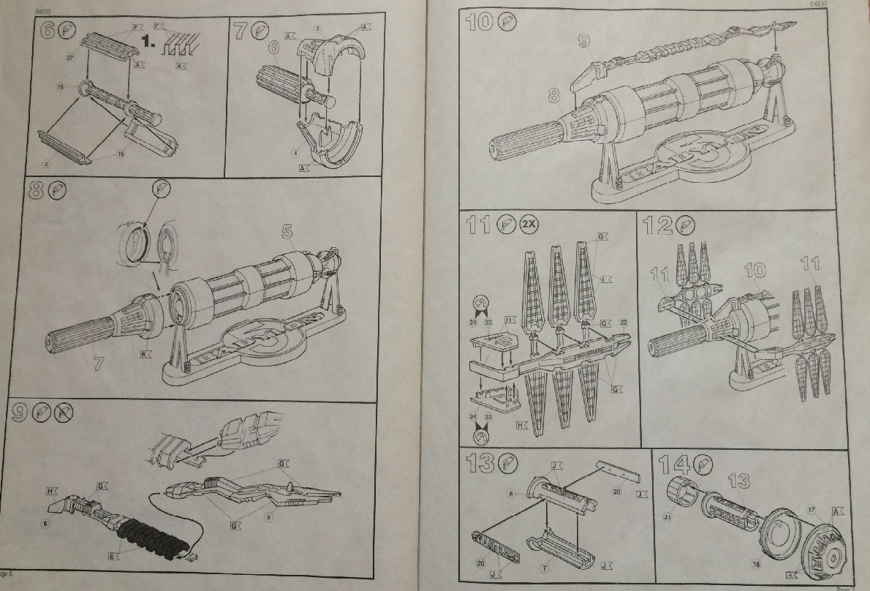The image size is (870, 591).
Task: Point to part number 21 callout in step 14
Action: (x=667, y=520)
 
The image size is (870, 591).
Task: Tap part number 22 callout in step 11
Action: (x=624, y=322)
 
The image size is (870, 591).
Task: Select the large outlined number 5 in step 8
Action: (x=287, y=233)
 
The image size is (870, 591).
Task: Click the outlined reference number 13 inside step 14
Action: (x=738, y=481)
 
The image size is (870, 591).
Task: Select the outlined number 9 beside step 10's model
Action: (x=583, y=41)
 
